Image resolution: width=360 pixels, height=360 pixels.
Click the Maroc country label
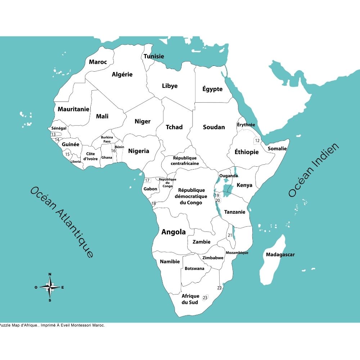[98, 62]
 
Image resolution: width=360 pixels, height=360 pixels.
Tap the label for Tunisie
[154, 56]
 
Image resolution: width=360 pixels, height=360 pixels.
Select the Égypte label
[212, 89]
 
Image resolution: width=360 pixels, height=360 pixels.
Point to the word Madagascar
[280, 255]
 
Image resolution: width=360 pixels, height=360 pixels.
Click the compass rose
[50, 287]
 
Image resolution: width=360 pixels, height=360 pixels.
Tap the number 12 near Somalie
[257, 140]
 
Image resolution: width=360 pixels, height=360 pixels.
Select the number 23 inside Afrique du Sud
[205, 297]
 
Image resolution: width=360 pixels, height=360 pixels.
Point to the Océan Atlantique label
[62, 222]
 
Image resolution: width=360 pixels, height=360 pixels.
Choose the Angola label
[174, 232]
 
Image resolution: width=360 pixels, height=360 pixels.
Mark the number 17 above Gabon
[147, 180]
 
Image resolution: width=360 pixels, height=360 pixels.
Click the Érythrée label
[246, 125]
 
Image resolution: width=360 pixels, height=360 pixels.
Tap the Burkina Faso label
[107, 139]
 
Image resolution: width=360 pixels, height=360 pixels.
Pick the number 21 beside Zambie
[230, 235]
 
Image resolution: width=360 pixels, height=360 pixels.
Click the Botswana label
[194, 268]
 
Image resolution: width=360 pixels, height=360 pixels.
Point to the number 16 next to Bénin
[113, 150]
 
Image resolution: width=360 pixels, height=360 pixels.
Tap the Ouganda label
[229, 176]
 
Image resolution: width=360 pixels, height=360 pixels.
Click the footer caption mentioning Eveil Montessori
[53, 325]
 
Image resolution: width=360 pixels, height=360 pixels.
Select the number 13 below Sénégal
[53, 134]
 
